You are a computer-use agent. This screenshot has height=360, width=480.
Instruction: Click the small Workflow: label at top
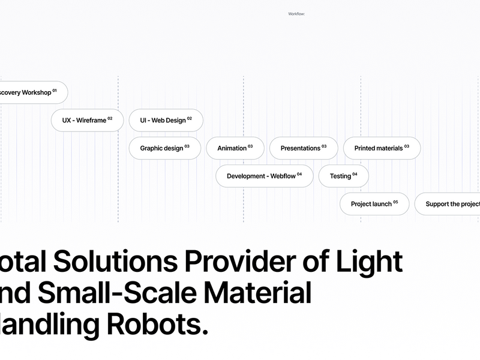tap(296, 13)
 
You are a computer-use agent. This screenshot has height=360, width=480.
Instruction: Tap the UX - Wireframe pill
tap(87, 120)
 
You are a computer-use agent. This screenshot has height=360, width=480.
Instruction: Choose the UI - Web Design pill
tap(166, 120)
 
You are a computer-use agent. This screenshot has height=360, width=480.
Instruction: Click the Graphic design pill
tap(164, 148)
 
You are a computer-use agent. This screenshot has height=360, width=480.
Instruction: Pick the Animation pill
tap(235, 148)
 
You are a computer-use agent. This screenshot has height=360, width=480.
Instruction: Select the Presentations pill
tap(303, 148)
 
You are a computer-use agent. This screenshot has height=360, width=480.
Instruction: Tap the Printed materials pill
tap(382, 148)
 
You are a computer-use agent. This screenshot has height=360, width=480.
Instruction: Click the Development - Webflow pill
tap(264, 176)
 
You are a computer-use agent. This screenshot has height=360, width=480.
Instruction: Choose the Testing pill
tap(343, 176)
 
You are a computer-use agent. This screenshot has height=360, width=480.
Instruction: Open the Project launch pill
tap(374, 204)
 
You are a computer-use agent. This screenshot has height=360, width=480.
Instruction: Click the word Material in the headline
tap(259, 294)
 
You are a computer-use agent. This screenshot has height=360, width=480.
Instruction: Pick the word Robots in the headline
tap(157, 325)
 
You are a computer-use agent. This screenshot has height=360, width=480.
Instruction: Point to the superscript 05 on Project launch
tap(395, 202)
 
